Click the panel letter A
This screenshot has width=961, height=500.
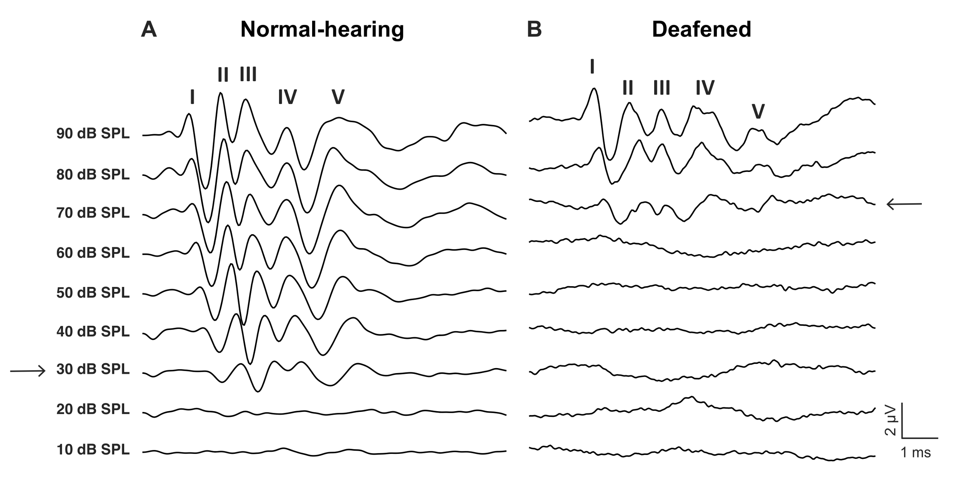pyautogui.click(x=149, y=29)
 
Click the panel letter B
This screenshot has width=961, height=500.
pyautogui.click(x=534, y=29)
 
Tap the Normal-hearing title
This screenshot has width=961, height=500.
pyautogui.click(x=322, y=30)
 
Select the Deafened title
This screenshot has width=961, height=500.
pyautogui.click(x=702, y=29)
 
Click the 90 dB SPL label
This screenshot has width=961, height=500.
pyautogui.click(x=93, y=133)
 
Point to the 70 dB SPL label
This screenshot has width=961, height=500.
pyautogui.click(x=93, y=213)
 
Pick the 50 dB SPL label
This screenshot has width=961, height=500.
pyautogui.click(x=93, y=293)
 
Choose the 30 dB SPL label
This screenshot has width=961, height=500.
pyautogui.click(x=93, y=369)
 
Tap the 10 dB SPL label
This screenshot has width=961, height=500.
pyautogui.click(x=93, y=449)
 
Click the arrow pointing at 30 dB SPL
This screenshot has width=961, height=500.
pyautogui.click(x=28, y=371)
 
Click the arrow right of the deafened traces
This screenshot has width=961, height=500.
pyautogui.click(x=904, y=204)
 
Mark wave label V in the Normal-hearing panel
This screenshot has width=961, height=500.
pyautogui.click(x=338, y=97)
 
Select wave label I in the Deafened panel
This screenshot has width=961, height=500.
pyautogui.click(x=592, y=66)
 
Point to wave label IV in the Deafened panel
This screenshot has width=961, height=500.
pyautogui.click(x=705, y=88)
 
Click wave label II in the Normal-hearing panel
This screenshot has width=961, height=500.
pyautogui.click(x=223, y=75)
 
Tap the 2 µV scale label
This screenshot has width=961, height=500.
pyautogui.click(x=890, y=420)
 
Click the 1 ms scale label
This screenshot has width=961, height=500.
pyautogui.click(x=916, y=452)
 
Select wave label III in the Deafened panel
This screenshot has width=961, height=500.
pyautogui.click(x=662, y=88)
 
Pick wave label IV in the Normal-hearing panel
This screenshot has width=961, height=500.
pyautogui.click(x=287, y=97)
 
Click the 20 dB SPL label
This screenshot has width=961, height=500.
pyautogui.click(x=93, y=409)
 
